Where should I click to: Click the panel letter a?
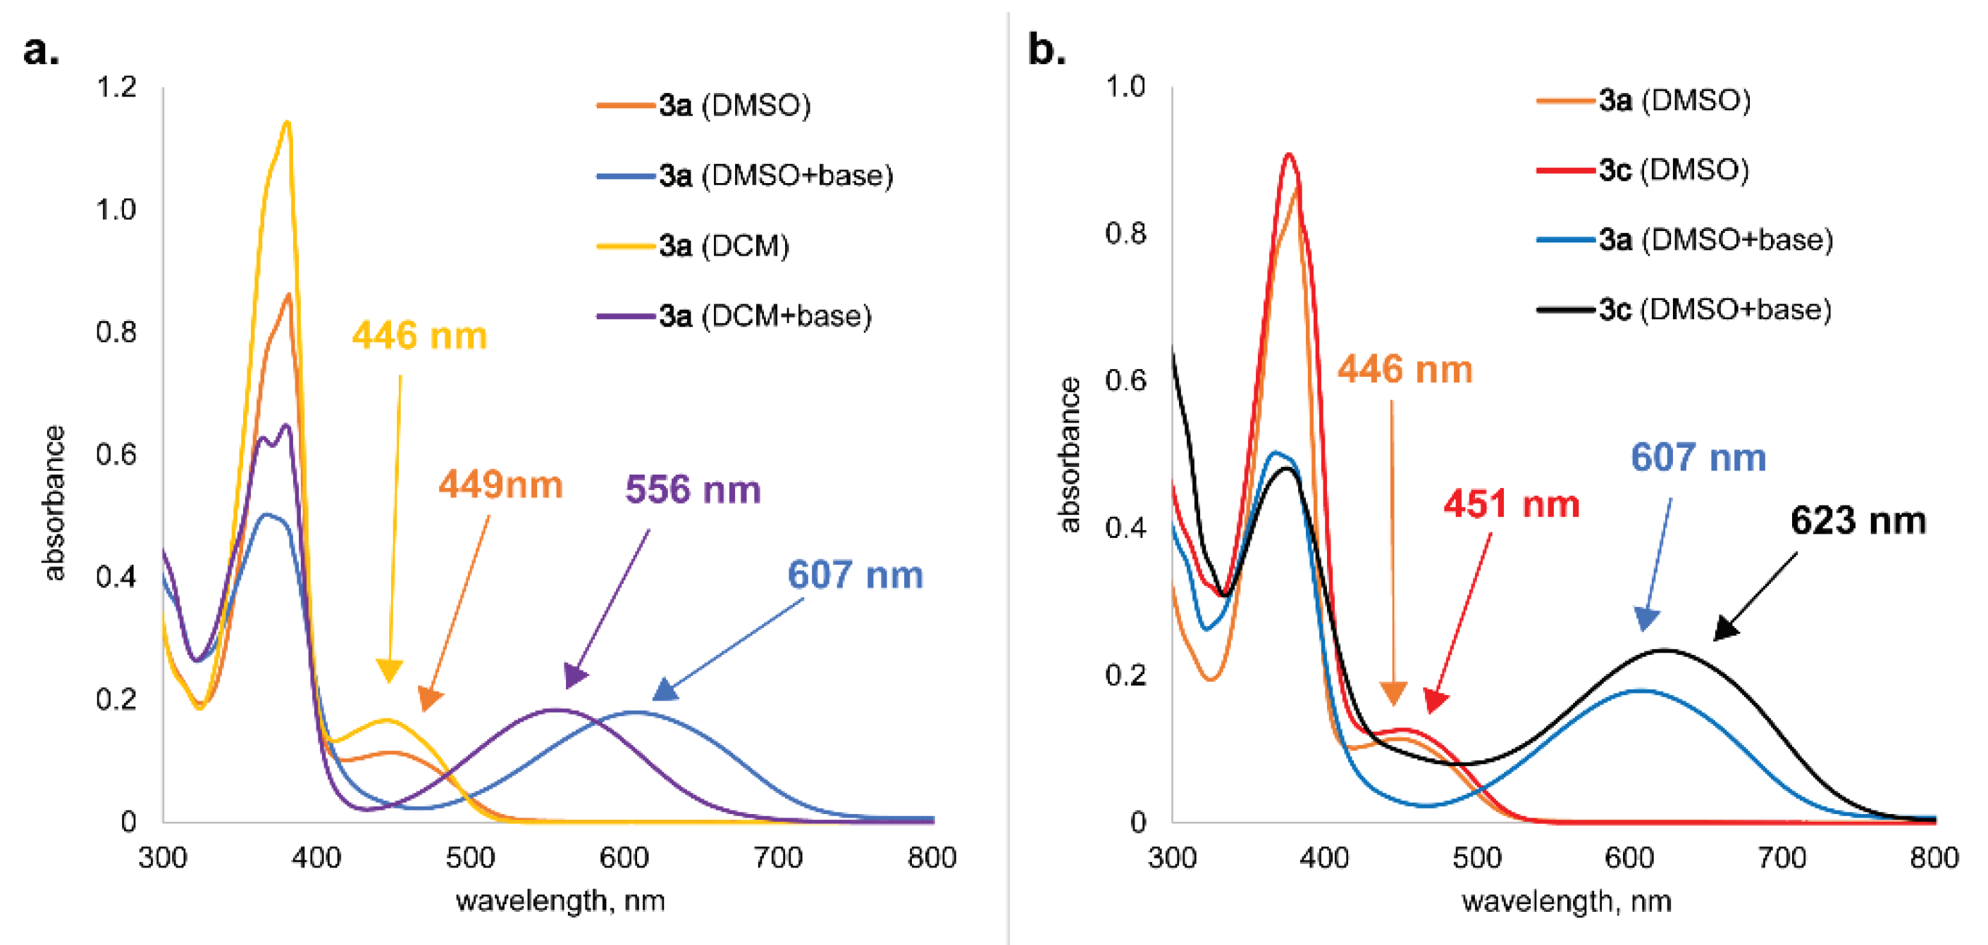[41, 51]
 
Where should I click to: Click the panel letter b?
[1047, 50]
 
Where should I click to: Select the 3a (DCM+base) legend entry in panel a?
[764, 316]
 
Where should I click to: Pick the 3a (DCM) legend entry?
[723, 246]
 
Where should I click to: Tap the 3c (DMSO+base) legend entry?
[1714, 310]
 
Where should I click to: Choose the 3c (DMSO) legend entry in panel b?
[1673, 170]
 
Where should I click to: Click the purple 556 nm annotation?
[692, 490]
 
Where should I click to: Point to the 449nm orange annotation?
[500, 485]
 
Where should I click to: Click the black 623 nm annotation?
[1858, 520]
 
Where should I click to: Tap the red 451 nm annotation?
[1511, 504]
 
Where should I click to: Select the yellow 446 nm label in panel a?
[419, 337]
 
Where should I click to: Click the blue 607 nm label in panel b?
[1698, 458]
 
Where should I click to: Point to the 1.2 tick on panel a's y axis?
[116, 87]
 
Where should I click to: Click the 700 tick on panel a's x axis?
[778, 858]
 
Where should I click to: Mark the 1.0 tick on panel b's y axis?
[1125, 87]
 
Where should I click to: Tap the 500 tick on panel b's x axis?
[1476, 858]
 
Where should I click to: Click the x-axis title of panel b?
[1566, 901]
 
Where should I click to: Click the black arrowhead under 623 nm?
[1726, 630]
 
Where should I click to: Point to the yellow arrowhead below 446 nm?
[389, 671]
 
